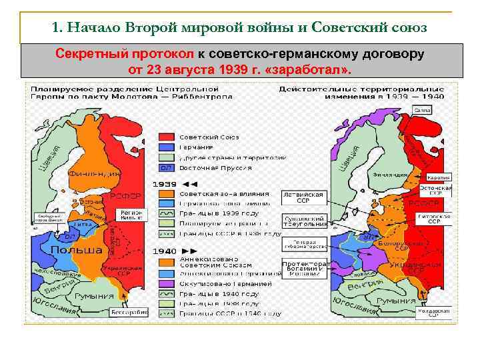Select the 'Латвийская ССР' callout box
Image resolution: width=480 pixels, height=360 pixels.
[x=303, y=197]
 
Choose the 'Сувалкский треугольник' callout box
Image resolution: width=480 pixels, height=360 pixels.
[x=304, y=221]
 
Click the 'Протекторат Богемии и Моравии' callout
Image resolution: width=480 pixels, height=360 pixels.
[x=303, y=267]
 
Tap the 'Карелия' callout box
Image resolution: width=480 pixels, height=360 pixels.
[x=439, y=178]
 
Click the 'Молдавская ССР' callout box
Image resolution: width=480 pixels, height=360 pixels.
[x=439, y=312]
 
